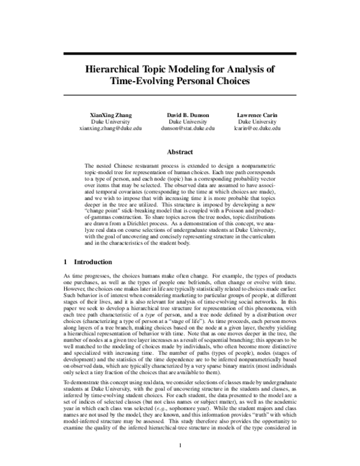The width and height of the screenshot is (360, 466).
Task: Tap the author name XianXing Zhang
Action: (110, 114)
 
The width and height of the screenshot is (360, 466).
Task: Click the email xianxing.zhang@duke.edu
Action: (110, 129)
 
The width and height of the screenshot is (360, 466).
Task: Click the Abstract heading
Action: (179, 153)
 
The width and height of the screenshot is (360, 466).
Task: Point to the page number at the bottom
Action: (180, 445)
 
